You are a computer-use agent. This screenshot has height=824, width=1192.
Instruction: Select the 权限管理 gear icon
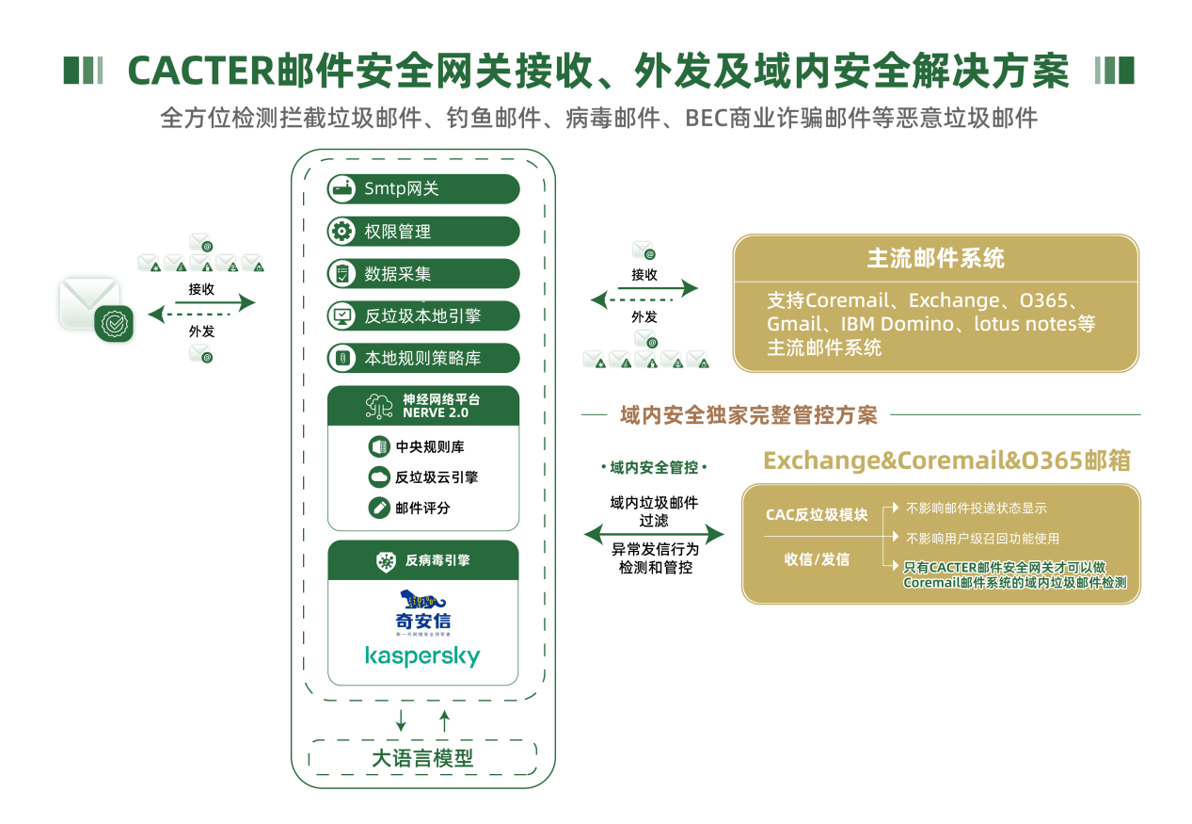tap(341, 232)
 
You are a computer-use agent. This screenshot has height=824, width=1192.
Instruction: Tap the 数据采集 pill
tap(423, 274)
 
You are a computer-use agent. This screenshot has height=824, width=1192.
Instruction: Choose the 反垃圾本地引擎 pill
tap(423, 316)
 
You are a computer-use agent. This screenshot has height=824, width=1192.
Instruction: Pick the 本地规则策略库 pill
tap(423, 359)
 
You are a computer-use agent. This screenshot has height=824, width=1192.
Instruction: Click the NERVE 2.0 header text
tap(436, 412)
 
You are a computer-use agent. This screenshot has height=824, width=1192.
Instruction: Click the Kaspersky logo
tap(422, 655)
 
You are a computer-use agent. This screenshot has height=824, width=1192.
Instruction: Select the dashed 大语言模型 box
tap(422, 758)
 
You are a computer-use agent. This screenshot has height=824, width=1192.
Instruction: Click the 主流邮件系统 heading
tap(935, 258)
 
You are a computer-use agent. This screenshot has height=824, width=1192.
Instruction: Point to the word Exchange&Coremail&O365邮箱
tap(946, 460)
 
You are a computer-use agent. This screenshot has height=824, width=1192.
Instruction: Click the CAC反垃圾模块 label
tap(817, 514)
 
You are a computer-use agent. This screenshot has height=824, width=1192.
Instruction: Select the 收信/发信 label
tap(817, 559)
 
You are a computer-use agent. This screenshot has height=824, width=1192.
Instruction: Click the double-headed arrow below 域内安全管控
tap(654, 535)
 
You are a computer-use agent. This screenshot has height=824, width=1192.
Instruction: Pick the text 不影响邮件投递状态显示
tap(976, 509)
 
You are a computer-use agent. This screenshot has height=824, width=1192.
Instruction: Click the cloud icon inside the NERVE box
tap(379, 477)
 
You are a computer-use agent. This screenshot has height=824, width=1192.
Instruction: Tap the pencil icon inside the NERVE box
tap(379, 508)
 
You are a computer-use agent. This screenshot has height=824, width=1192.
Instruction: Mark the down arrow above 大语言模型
tap(402, 720)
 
